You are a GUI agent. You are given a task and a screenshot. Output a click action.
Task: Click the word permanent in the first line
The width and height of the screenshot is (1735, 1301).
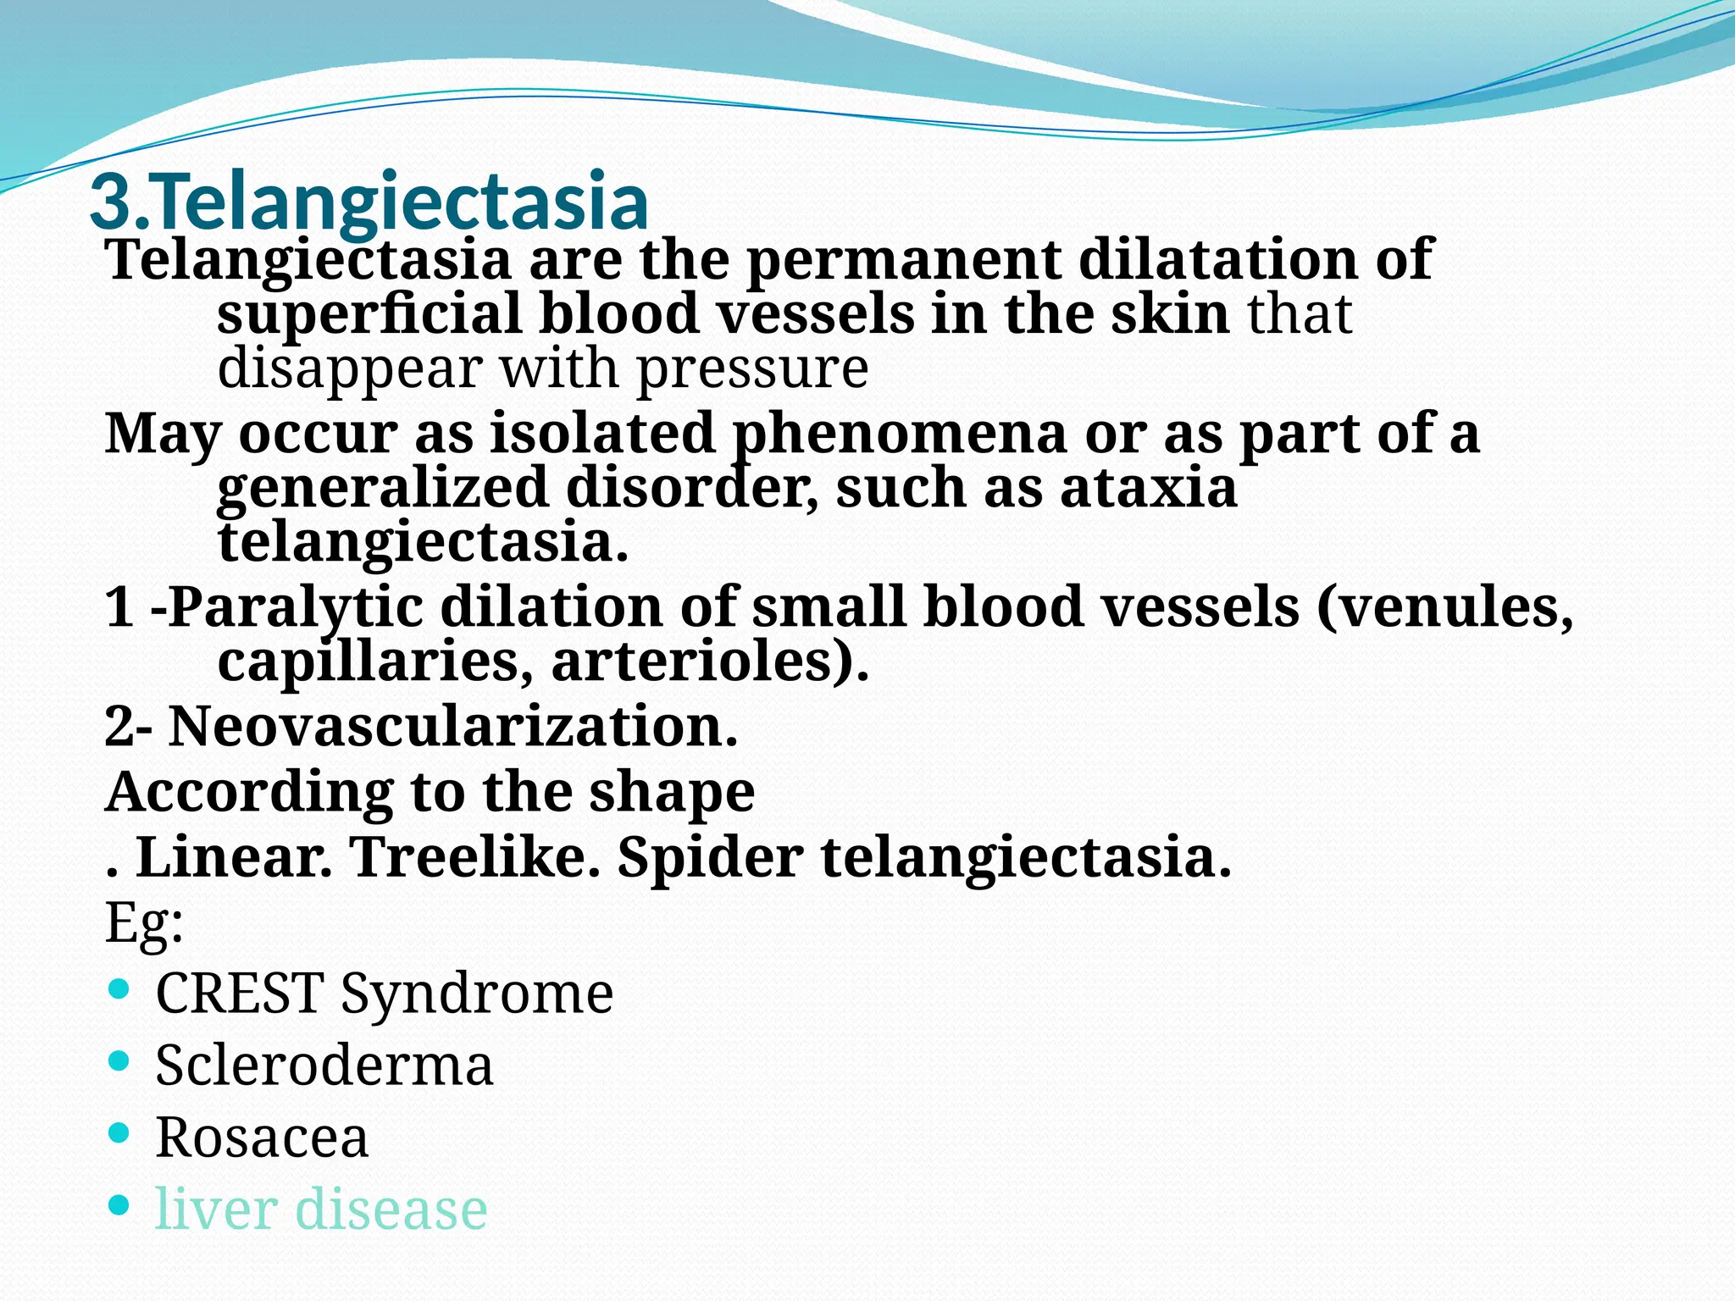click(x=903, y=259)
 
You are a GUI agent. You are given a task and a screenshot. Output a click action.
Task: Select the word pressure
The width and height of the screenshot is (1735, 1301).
click(x=752, y=369)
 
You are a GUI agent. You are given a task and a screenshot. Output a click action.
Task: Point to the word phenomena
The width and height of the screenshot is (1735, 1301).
click(x=899, y=434)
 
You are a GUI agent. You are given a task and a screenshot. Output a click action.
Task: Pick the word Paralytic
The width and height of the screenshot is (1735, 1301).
click(x=296, y=607)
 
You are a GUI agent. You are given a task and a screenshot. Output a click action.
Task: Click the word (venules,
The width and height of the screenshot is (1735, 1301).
click(x=1445, y=607)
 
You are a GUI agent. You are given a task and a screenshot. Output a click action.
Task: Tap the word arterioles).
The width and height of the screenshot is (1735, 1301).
click(x=710, y=662)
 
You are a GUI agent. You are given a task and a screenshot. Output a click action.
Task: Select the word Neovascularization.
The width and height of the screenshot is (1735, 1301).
click(x=453, y=727)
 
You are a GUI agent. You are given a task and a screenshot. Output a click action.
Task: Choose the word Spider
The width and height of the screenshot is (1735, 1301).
click(x=710, y=857)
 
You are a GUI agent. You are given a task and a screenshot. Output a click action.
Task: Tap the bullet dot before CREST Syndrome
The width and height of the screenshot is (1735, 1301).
click(x=119, y=988)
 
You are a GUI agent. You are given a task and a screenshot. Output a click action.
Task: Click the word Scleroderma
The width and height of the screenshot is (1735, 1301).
click(x=324, y=1065)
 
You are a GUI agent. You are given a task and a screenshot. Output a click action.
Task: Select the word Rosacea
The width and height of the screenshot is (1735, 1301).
click(x=262, y=1137)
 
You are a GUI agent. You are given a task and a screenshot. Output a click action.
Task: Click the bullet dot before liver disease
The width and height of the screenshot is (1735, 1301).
click(x=119, y=1204)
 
